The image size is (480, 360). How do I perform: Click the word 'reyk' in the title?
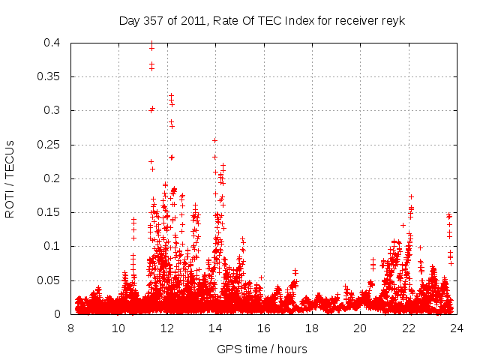tap(392, 21)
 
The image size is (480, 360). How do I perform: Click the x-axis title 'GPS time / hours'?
tap(262, 349)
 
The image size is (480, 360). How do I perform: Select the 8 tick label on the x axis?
tap(71, 328)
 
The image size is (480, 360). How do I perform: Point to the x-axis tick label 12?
tap(167, 328)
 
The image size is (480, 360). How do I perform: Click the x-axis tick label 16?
tap(264, 328)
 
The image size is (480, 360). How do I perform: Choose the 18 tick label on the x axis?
tap(312, 328)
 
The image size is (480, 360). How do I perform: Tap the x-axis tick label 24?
tap(457, 328)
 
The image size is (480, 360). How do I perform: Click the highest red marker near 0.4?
tap(151, 43)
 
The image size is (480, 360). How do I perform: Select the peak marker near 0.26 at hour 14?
tap(214, 140)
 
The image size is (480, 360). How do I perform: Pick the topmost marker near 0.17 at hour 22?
tap(411, 196)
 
